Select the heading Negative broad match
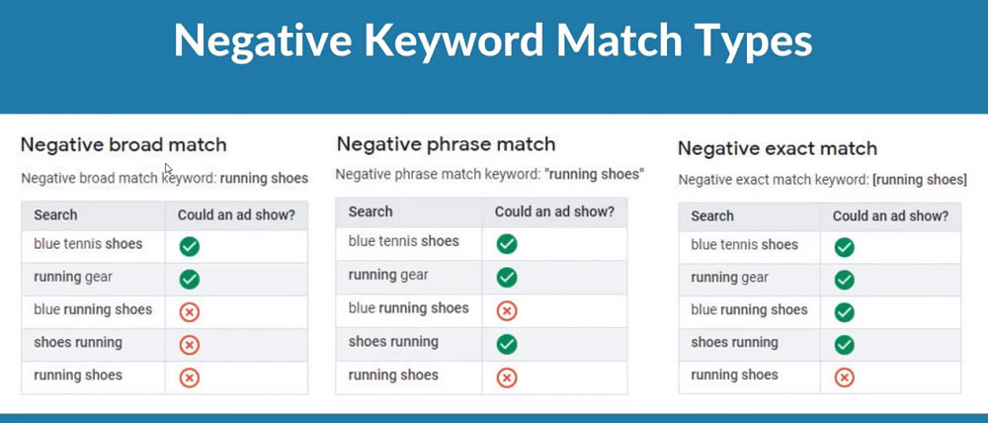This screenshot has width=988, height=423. pos(123,145)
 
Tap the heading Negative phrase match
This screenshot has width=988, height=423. pos(447,143)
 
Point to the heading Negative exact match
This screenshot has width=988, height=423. pos(778,149)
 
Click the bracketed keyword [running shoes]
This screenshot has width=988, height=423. pos(919,180)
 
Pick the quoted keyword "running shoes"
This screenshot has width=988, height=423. pos(593,174)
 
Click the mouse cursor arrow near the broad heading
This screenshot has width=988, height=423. pos(168,168)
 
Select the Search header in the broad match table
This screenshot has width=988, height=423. pos(55,215)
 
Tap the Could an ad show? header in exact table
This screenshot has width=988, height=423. pos(890,216)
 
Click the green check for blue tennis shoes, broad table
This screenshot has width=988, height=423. pos(189,246)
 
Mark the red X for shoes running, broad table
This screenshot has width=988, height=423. pos(189,345)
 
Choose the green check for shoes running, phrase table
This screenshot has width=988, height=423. pos(507,344)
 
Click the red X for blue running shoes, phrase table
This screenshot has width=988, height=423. pos(507,310)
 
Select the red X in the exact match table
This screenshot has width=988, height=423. pos(845,377)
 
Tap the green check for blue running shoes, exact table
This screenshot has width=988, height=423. pos(845,312)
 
